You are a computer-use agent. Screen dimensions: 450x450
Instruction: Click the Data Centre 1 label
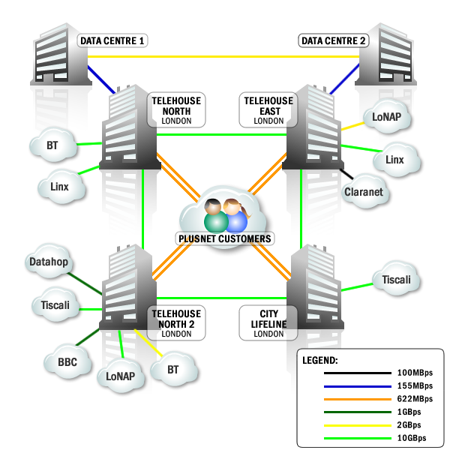(x=112, y=40)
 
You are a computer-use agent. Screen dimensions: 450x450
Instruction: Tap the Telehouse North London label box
(x=176, y=109)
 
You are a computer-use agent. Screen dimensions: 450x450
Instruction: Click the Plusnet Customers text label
(x=225, y=238)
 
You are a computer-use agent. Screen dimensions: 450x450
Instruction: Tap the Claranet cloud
(x=364, y=192)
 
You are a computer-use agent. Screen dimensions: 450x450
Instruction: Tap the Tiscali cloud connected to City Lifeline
(x=396, y=279)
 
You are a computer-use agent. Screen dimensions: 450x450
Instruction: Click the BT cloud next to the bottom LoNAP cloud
(x=173, y=370)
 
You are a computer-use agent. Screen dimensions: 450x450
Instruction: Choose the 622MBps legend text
(x=415, y=398)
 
